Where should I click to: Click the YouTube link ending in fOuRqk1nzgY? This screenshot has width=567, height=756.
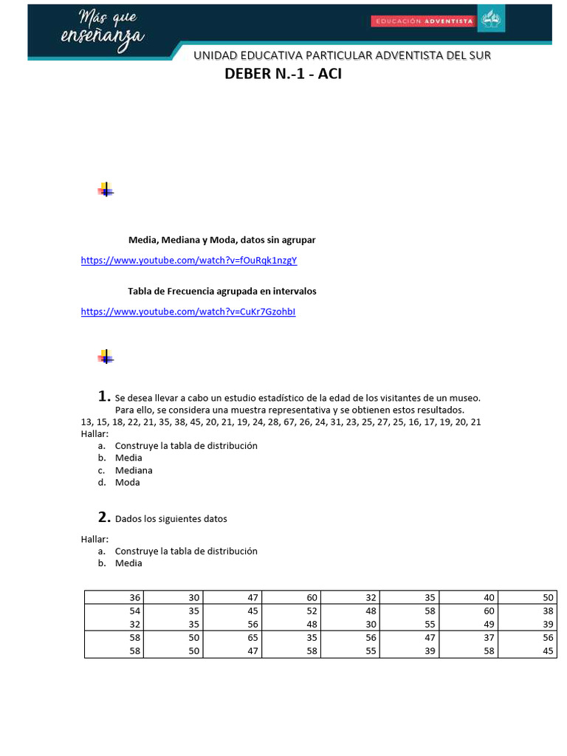click(x=188, y=261)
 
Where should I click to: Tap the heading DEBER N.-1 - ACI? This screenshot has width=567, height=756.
click(x=283, y=75)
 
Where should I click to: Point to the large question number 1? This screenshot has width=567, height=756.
click(x=104, y=396)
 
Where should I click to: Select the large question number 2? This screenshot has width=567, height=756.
click(x=104, y=517)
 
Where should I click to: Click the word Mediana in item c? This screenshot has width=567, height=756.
click(x=134, y=470)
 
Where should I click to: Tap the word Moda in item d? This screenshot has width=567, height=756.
click(x=127, y=483)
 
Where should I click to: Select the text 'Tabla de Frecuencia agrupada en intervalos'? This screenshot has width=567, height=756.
click(x=222, y=291)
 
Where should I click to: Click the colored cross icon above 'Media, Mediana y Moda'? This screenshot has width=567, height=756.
click(x=106, y=190)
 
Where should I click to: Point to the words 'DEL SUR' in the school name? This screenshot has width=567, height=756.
click(x=469, y=55)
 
